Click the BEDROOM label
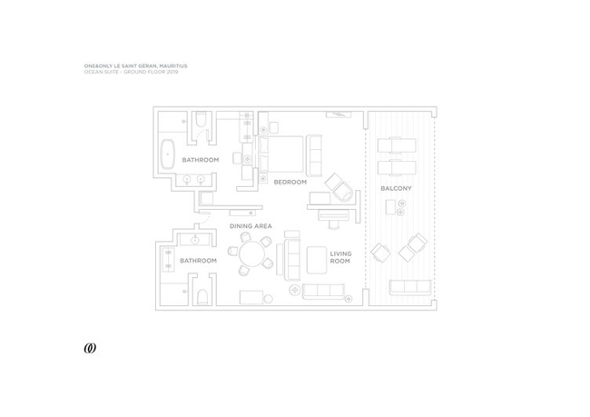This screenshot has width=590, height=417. (290, 182)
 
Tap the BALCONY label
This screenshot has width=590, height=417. (396, 188)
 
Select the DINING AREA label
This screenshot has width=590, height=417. (251, 226)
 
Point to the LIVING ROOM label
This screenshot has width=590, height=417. (340, 257)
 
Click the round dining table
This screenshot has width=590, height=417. (252, 254)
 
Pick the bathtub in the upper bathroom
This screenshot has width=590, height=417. (167, 154)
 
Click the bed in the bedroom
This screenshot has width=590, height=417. (280, 154)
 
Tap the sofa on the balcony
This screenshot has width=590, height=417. (410, 287)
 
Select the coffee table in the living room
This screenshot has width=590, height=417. (317, 260)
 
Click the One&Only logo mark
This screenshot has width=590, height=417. (90, 349)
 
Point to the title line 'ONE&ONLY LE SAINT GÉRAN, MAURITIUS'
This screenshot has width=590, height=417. (135, 66)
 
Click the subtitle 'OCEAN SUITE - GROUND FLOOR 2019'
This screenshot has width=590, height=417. (131, 72)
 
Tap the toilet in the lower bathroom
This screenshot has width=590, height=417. (202, 297)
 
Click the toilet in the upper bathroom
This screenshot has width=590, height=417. (201, 119)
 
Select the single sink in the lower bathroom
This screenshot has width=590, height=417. (195, 240)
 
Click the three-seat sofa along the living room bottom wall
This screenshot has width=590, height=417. (323, 292)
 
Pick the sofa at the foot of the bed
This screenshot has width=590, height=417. (314, 155)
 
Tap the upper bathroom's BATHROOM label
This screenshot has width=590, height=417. (201, 160)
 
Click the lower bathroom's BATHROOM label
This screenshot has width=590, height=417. (198, 261)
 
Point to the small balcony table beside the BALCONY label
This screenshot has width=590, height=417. (390, 207)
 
